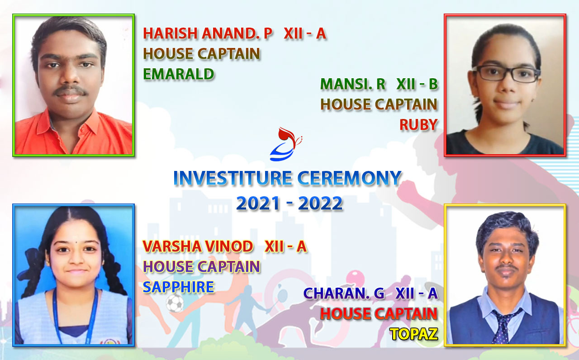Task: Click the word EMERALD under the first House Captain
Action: click(x=179, y=74)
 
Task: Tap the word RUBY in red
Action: click(x=418, y=124)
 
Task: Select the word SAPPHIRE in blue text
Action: click(x=179, y=287)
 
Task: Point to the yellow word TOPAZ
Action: click(x=414, y=334)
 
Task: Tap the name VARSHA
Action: click(x=171, y=246)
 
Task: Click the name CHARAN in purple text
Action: click(x=334, y=293)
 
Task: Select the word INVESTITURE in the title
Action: click(x=233, y=178)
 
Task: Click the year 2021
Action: click(x=258, y=203)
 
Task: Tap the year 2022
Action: click(x=320, y=203)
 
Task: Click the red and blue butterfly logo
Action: click(x=285, y=144)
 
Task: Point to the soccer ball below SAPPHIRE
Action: click(x=175, y=303)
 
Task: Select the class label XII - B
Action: click(x=417, y=84)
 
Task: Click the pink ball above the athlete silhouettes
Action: click(x=355, y=278)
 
